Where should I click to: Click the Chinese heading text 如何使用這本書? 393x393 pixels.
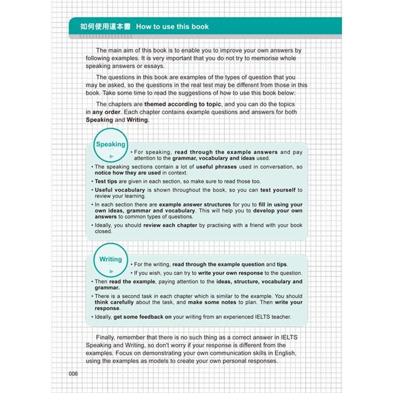(x=100, y=27)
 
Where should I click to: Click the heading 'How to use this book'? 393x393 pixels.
(x=173, y=27)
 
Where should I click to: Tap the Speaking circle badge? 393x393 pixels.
(x=111, y=147)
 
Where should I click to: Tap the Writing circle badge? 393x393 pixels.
(x=111, y=262)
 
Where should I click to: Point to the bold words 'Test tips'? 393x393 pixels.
(x=108, y=182)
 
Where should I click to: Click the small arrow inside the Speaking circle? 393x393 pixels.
(x=111, y=157)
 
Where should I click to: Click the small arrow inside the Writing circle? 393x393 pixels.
(x=111, y=271)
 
